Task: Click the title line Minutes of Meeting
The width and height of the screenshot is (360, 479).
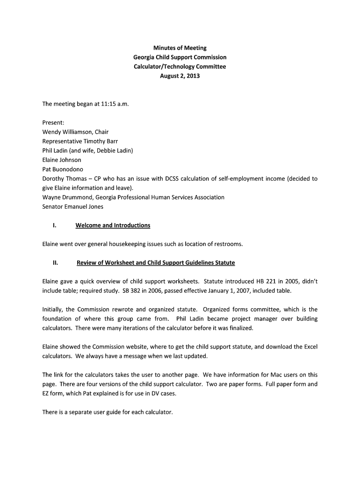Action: pyautogui.click(x=180, y=48)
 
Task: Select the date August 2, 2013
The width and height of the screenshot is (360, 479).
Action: pyautogui.click(x=180, y=76)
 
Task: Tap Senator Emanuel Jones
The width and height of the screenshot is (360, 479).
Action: pyautogui.click(x=73, y=207)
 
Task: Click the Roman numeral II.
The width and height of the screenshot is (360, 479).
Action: pyautogui.click(x=55, y=263)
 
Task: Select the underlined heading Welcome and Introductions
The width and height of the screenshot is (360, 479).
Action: pyautogui.click(x=113, y=225)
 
